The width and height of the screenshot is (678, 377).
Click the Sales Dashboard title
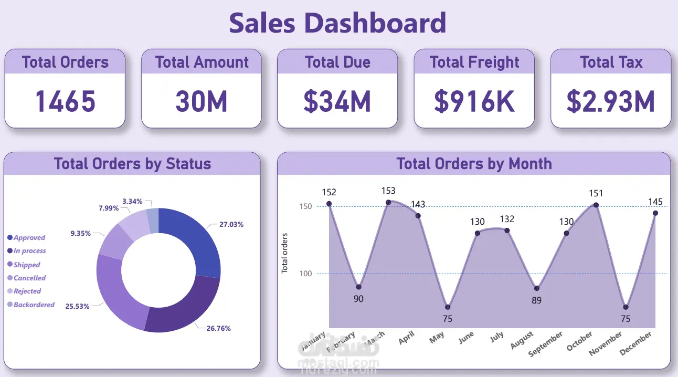coord(337,23)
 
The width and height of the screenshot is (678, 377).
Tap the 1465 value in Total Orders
coord(65,101)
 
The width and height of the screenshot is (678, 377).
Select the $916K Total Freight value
coord(474,101)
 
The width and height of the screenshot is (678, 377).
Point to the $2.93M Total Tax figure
coord(611,101)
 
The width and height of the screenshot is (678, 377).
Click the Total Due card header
coord(337,62)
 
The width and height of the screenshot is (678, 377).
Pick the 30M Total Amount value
coord(201,101)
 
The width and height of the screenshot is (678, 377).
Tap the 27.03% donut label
coord(231,224)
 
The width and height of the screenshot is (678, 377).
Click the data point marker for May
coord(448,307)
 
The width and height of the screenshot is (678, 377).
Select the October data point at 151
coord(596,205)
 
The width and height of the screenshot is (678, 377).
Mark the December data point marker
coord(655,213)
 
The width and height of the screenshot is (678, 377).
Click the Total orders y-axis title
coord(285,253)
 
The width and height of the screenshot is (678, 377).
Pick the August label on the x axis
coord(523,340)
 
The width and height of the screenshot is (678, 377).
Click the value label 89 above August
coord(536,300)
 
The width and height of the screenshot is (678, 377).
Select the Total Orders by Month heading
coord(474,164)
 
